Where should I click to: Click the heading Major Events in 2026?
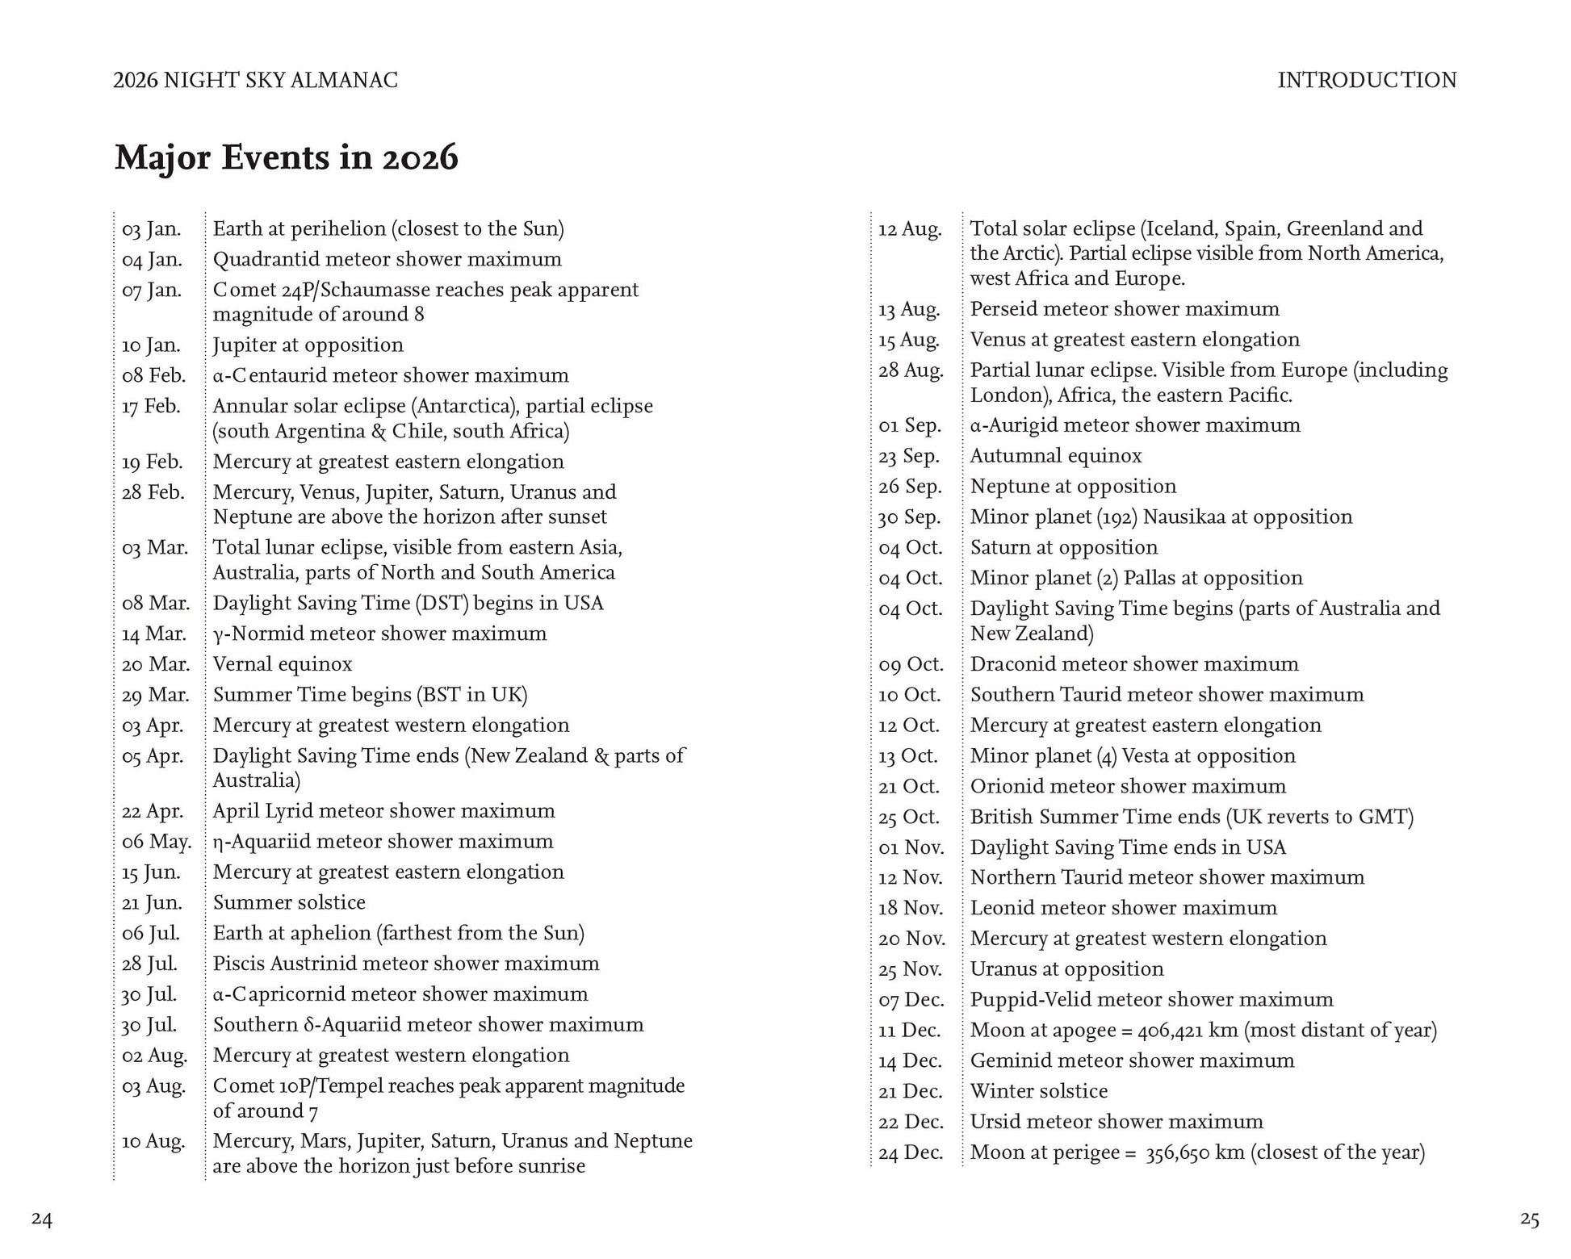(x=286, y=157)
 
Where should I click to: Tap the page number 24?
(x=42, y=1219)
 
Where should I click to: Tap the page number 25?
(x=1529, y=1219)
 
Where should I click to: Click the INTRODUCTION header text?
(x=1367, y=81)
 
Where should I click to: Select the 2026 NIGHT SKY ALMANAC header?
(x=255, y=81)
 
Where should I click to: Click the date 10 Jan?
(x=151, y=345)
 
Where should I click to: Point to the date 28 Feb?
(x=153, y=492)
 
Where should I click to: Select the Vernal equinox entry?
(x=283, y=664)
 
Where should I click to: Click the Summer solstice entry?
(x=289, y=902)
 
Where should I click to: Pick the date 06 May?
(x=157, y=842)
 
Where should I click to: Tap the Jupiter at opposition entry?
(x=308, y=345)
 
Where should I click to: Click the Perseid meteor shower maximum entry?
(x=1125, y=309)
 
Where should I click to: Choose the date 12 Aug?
(x=910, y=229)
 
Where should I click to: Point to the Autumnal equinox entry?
(x=1056, y=456)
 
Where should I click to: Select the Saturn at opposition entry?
(x=1064, y=547)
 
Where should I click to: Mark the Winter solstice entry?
(x=1039, y=1091)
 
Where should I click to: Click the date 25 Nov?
(x=910, y=969)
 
